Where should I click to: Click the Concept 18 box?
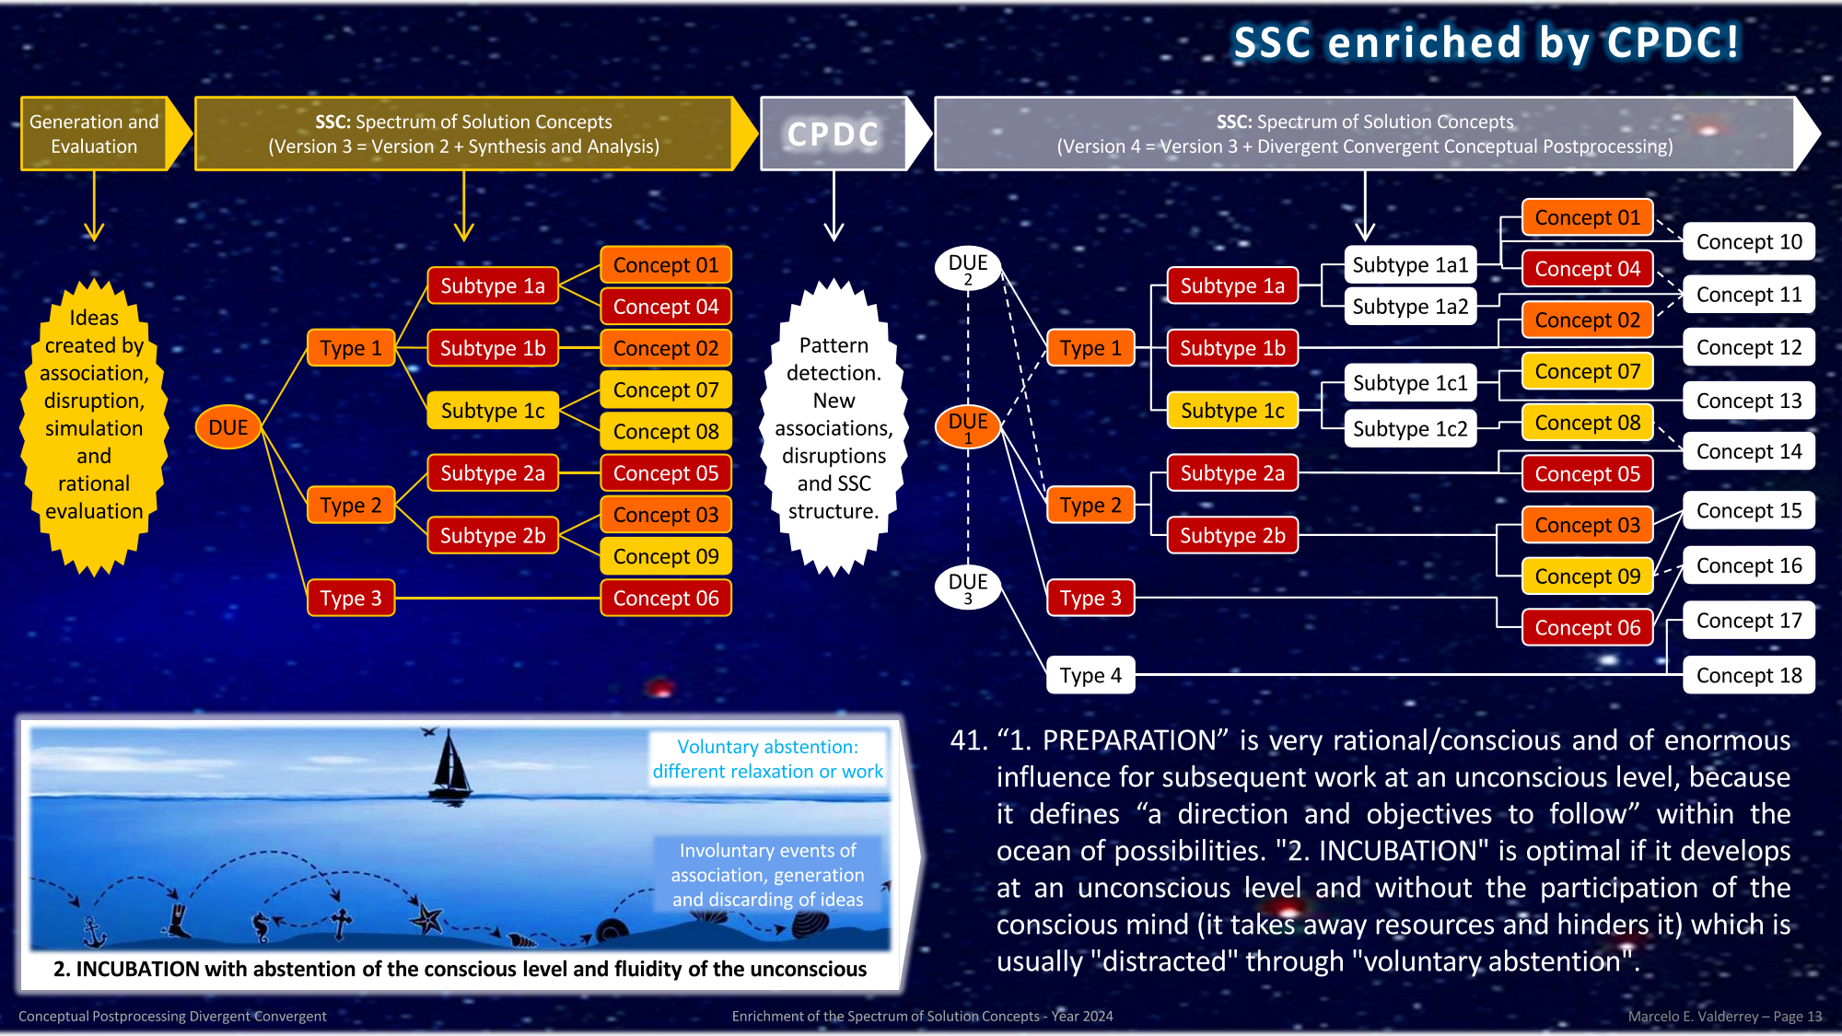pos(1748,675)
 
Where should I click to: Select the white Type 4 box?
pos(1090,675)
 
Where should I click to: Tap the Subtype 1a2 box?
pos(1410,307)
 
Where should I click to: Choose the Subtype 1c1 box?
pos(1410,383)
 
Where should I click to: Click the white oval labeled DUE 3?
pos(968,587)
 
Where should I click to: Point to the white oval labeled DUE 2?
pos(968,268)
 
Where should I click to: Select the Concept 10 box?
pos(1748,242)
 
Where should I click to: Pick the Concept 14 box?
pos(1748,451)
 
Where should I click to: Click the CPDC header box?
pos(834,134)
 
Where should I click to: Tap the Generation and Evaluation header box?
pos(94,134)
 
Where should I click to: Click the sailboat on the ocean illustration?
pos(450,764)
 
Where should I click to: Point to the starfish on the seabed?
pos(426,917)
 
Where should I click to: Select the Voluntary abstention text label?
pos(767,759)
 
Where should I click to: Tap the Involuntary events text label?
pos(767,875)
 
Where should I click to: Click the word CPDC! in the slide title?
pos(1673,42)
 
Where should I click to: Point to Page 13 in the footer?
pos(1797,1017)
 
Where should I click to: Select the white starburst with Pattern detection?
pos(834,428)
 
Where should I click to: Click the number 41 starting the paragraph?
pos(968,740)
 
